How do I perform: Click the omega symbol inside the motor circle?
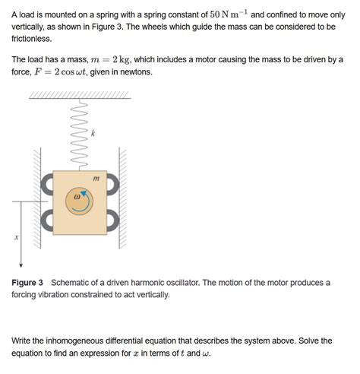[x=75, y=196]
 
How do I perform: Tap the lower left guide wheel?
[x=47, y=220]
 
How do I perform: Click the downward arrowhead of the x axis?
[x=21, y=266]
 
